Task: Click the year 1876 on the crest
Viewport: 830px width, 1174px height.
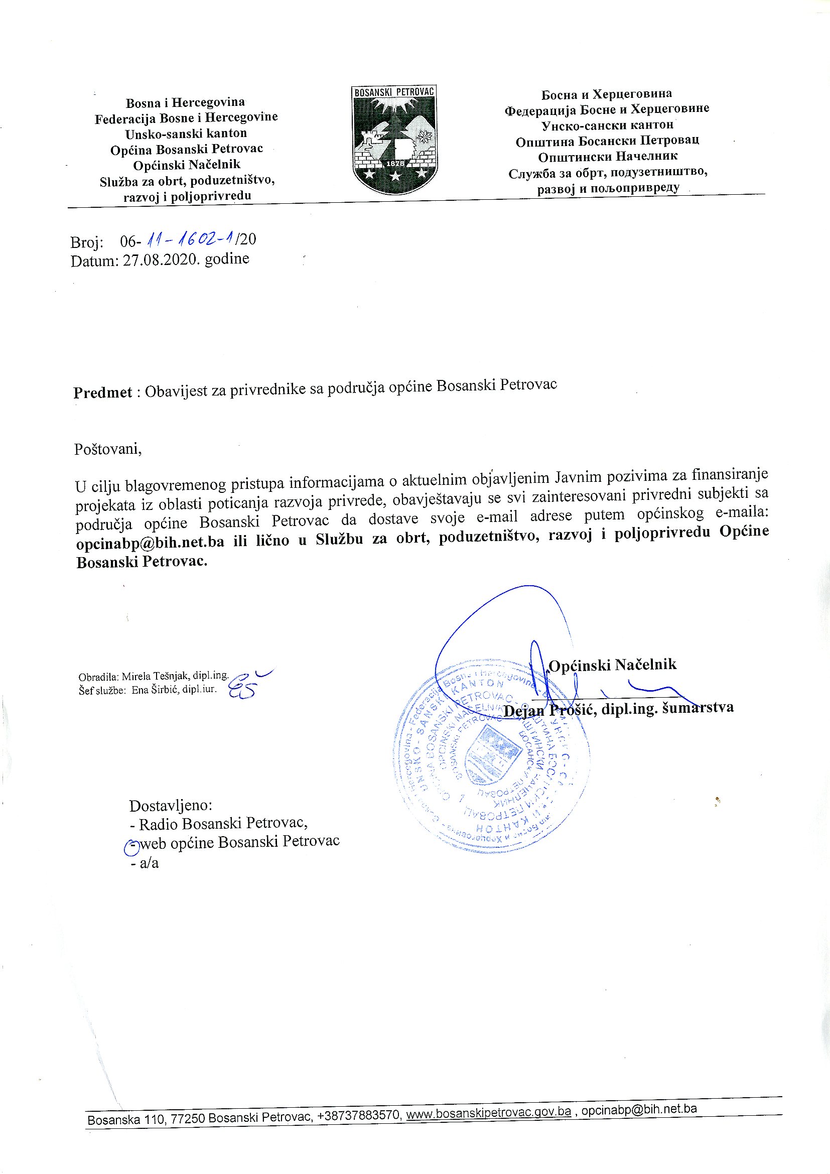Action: (x=394, y=164)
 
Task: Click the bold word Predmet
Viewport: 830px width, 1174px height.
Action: (x=103, y=392)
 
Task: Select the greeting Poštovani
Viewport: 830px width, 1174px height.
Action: (x=107, y=449)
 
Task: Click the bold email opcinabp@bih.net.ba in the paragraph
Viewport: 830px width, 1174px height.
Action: (x=150, y=542)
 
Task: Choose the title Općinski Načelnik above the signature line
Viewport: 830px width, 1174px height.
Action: (x=612, y=665)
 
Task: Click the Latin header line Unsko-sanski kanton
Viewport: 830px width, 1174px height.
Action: (x=186, y=134)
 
